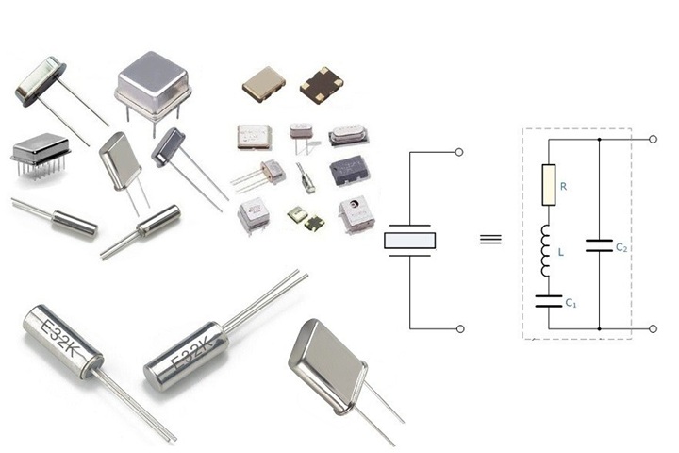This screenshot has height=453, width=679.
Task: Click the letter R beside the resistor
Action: coord(563,187)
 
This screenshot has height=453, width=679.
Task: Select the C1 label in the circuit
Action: coord(571,303)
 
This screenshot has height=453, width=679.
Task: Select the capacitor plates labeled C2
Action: coord(599,245)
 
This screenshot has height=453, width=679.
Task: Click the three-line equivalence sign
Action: coord(489,239)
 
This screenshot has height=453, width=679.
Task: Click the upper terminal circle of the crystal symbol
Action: coord(459,152)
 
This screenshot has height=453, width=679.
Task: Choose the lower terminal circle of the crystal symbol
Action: coord(459,328)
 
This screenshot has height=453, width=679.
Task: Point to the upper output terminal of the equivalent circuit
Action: coord(653,140)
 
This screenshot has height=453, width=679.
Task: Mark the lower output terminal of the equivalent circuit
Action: coord(653,328)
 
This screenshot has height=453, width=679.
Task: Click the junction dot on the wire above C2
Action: coord(599,140)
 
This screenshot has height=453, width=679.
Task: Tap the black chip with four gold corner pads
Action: coord(322,86)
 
